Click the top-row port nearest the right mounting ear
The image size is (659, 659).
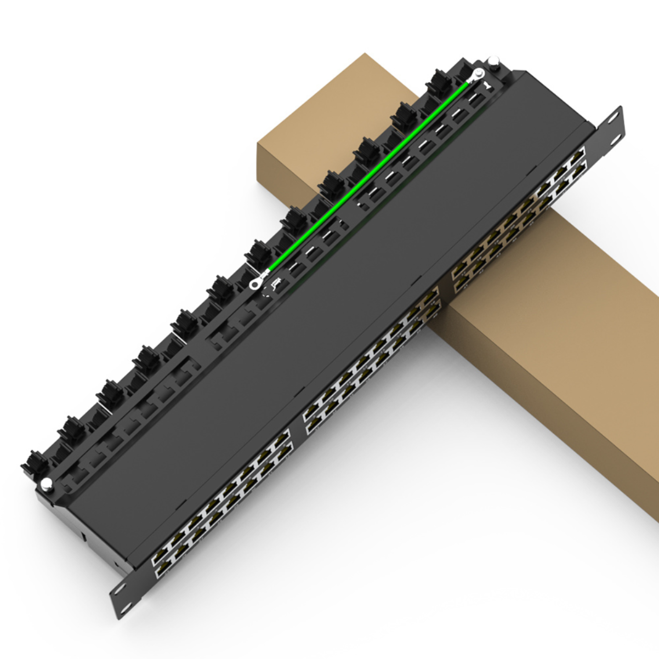coord(578,156)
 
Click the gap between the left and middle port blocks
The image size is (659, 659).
coord(297,422)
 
